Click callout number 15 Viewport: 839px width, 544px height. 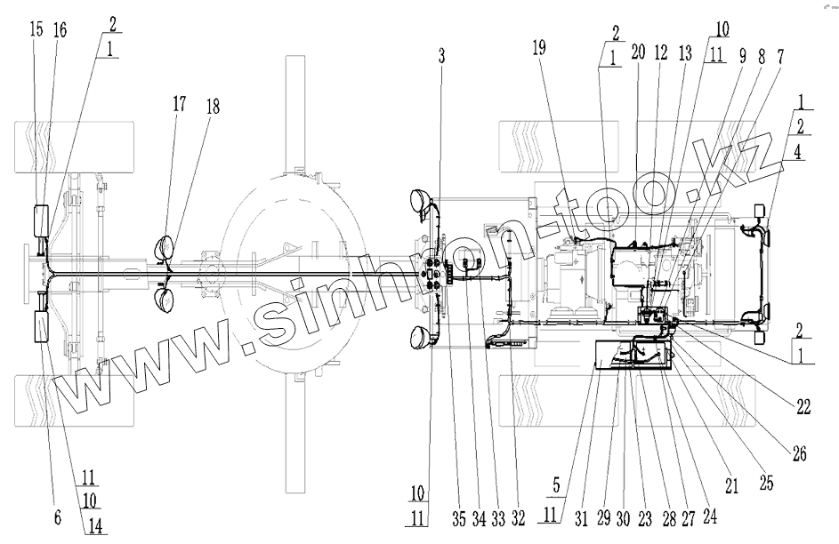tap(36, 30)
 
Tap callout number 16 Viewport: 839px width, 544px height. tap(60, 30)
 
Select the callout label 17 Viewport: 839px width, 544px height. tap(180, 104)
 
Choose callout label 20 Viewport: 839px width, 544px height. tap(637, 52)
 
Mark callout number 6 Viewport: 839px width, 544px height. tap(58, 517)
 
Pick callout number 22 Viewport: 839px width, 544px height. tap(803, 408)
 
